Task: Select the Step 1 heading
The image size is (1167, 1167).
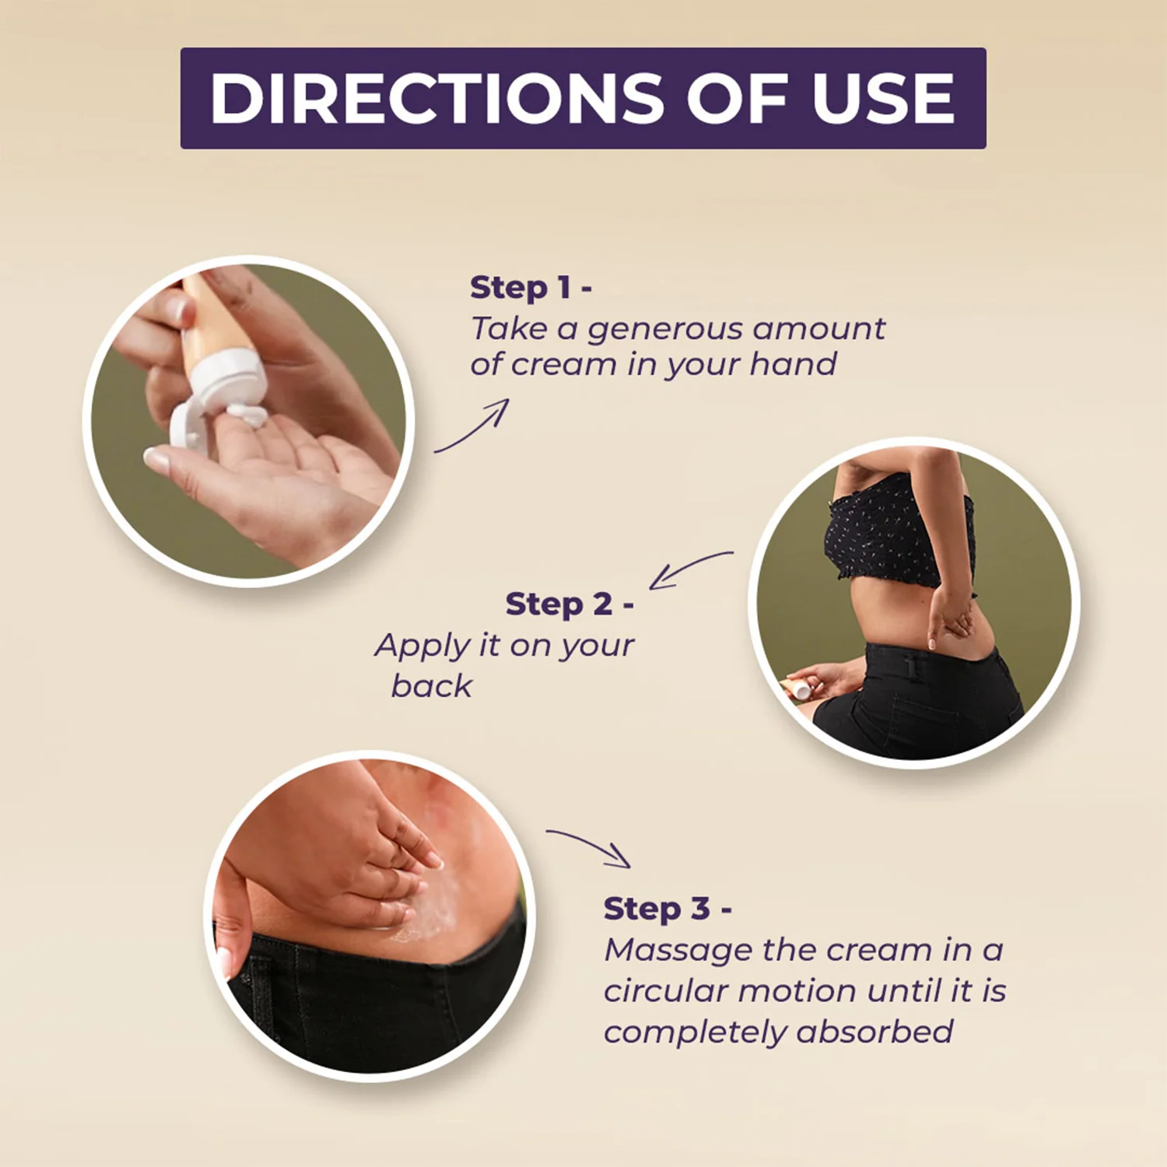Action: click(x=531, y=287)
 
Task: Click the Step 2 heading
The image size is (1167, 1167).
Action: click(x=569, y=604)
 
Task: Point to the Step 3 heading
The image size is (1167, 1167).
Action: click(x=668, y=908)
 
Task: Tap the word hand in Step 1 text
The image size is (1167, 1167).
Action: click(x=793, y=363)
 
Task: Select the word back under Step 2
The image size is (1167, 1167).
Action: click(x=432, y=685)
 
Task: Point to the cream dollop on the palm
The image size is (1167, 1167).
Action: click(x=248, y=414)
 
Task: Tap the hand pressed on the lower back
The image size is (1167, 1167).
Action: click(x=951, y=615)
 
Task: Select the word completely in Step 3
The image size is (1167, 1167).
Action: click(x=696, y=1033)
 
